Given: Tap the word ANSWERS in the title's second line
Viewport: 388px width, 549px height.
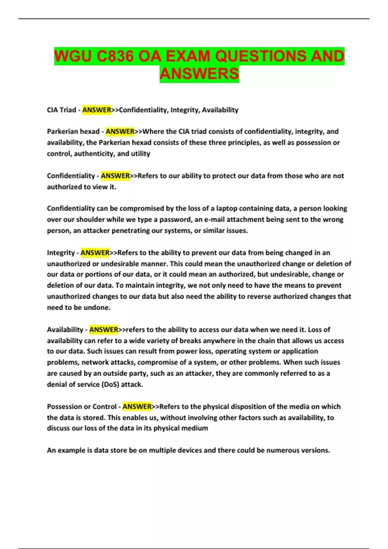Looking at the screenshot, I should point(199,74).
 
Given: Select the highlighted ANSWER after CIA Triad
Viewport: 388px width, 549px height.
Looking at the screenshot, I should point(97,110).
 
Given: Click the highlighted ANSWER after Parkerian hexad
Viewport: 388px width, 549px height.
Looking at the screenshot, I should point(120,131).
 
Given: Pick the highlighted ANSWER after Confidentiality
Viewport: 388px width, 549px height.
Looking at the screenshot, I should point(115,176).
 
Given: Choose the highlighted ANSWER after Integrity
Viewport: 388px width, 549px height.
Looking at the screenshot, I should point(95,253).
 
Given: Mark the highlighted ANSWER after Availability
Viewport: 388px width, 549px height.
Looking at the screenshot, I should point(103,329).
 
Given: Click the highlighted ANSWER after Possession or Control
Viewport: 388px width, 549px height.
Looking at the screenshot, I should point(137,406).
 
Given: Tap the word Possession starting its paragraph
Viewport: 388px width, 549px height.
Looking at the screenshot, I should point(64,406).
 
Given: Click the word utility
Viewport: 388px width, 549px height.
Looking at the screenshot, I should point(140,153).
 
